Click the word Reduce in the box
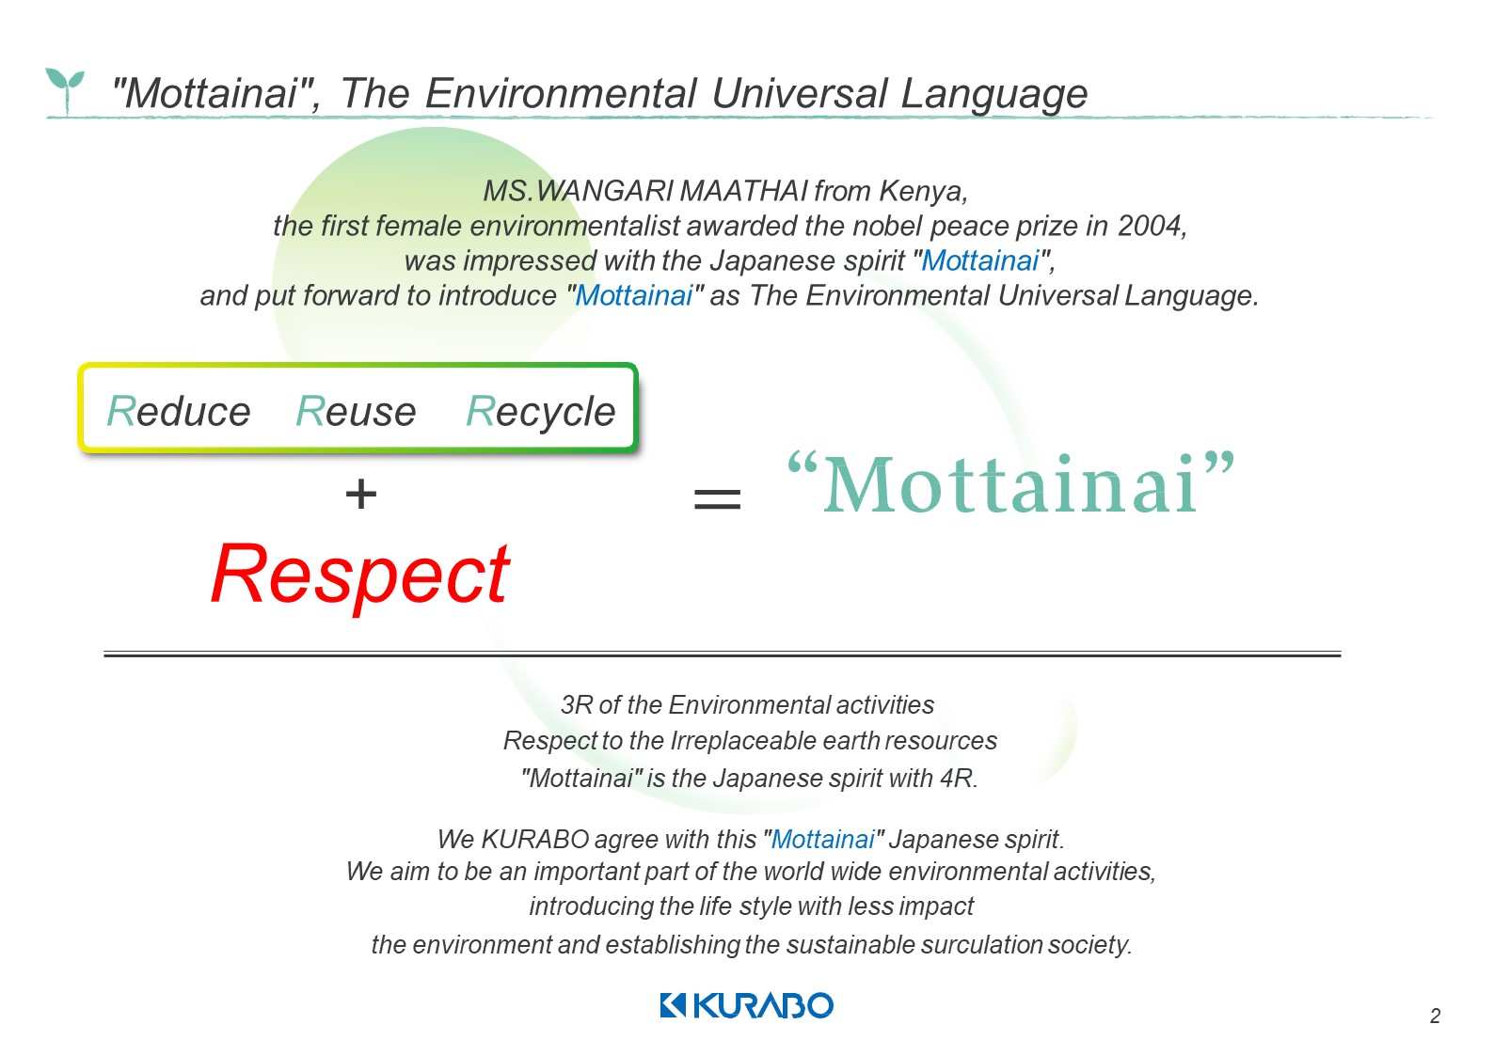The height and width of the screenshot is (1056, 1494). (x=179, y=411)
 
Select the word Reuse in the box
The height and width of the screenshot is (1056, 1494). (x=357, y=411)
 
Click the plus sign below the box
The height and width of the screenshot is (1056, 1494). (x=361, y=494)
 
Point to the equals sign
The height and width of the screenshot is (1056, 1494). (x=717, y=498)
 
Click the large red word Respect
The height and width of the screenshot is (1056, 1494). (x=361, y=576)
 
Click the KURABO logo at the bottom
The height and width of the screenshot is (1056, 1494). (x=746, y=1005)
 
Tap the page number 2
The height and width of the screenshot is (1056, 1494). (x=1436, y=1016)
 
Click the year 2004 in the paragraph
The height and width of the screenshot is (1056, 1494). (x=1152, y=226)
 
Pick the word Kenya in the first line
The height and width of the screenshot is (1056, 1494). (x=923, y=192)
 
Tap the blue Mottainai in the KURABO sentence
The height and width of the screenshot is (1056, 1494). (x=822, y=840)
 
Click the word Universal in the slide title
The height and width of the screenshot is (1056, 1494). (x=799, y=93)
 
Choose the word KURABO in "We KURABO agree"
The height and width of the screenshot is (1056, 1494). (x=535, y=840)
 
